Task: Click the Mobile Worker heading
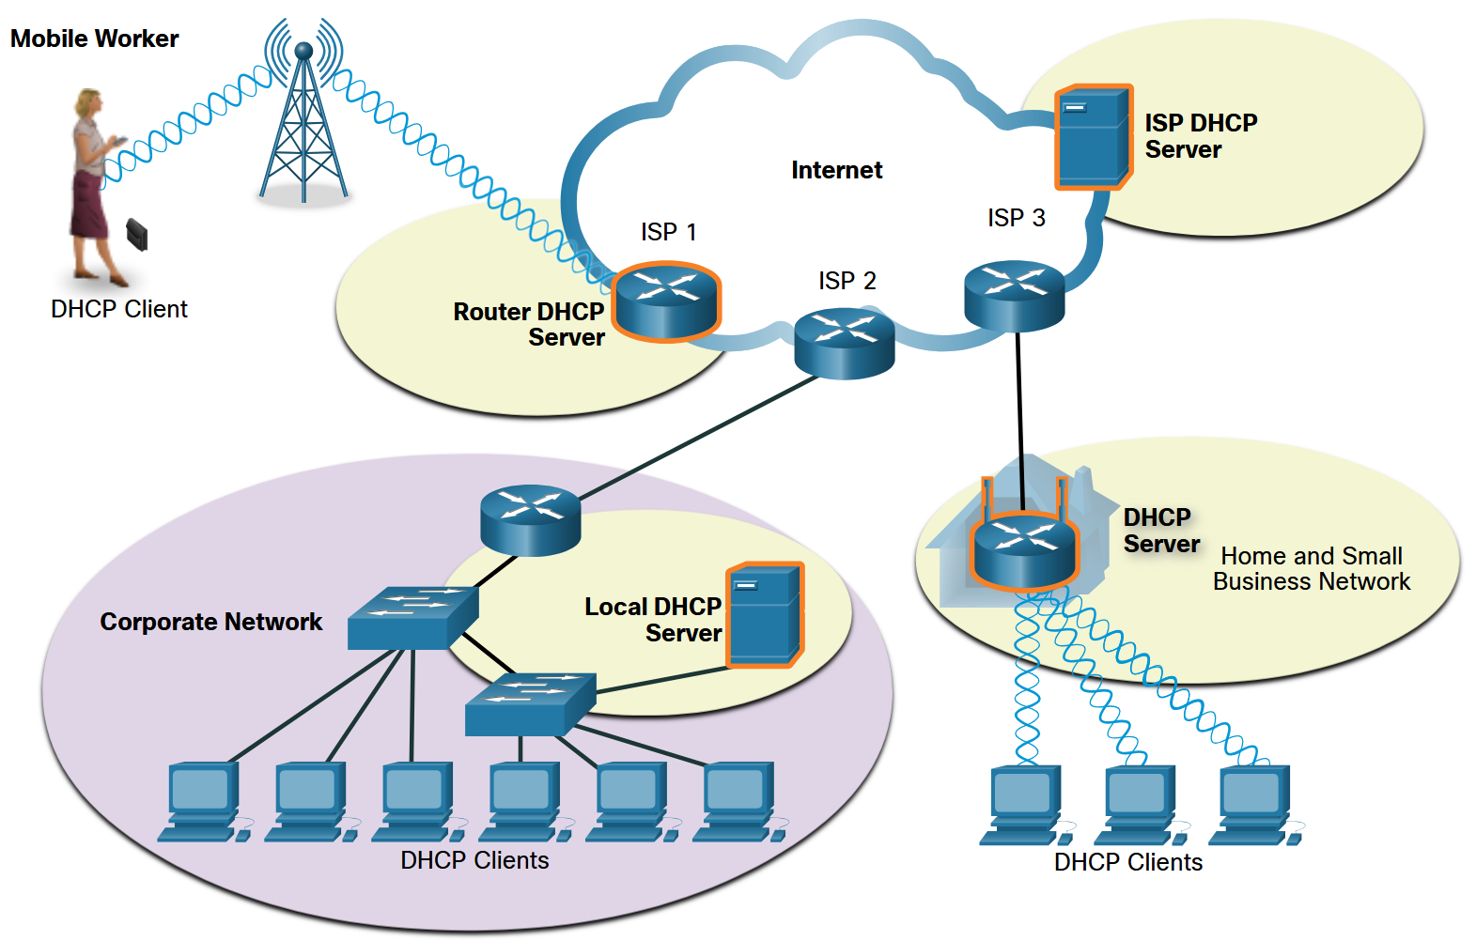click(94, 39)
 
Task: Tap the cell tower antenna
click(303, 117)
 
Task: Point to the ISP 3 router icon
click(1014, 296)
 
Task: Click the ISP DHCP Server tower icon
click(1093, 137)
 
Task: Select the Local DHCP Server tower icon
click(765, 615)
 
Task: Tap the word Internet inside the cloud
click(836, 170)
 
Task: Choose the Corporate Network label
click(210, 622)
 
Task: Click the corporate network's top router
click(530, 519)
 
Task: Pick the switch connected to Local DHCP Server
click(530, 703)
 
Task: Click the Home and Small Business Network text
click(1312, 569)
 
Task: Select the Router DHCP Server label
click(530, 324)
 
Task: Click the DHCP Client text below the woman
click(119, 309)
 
